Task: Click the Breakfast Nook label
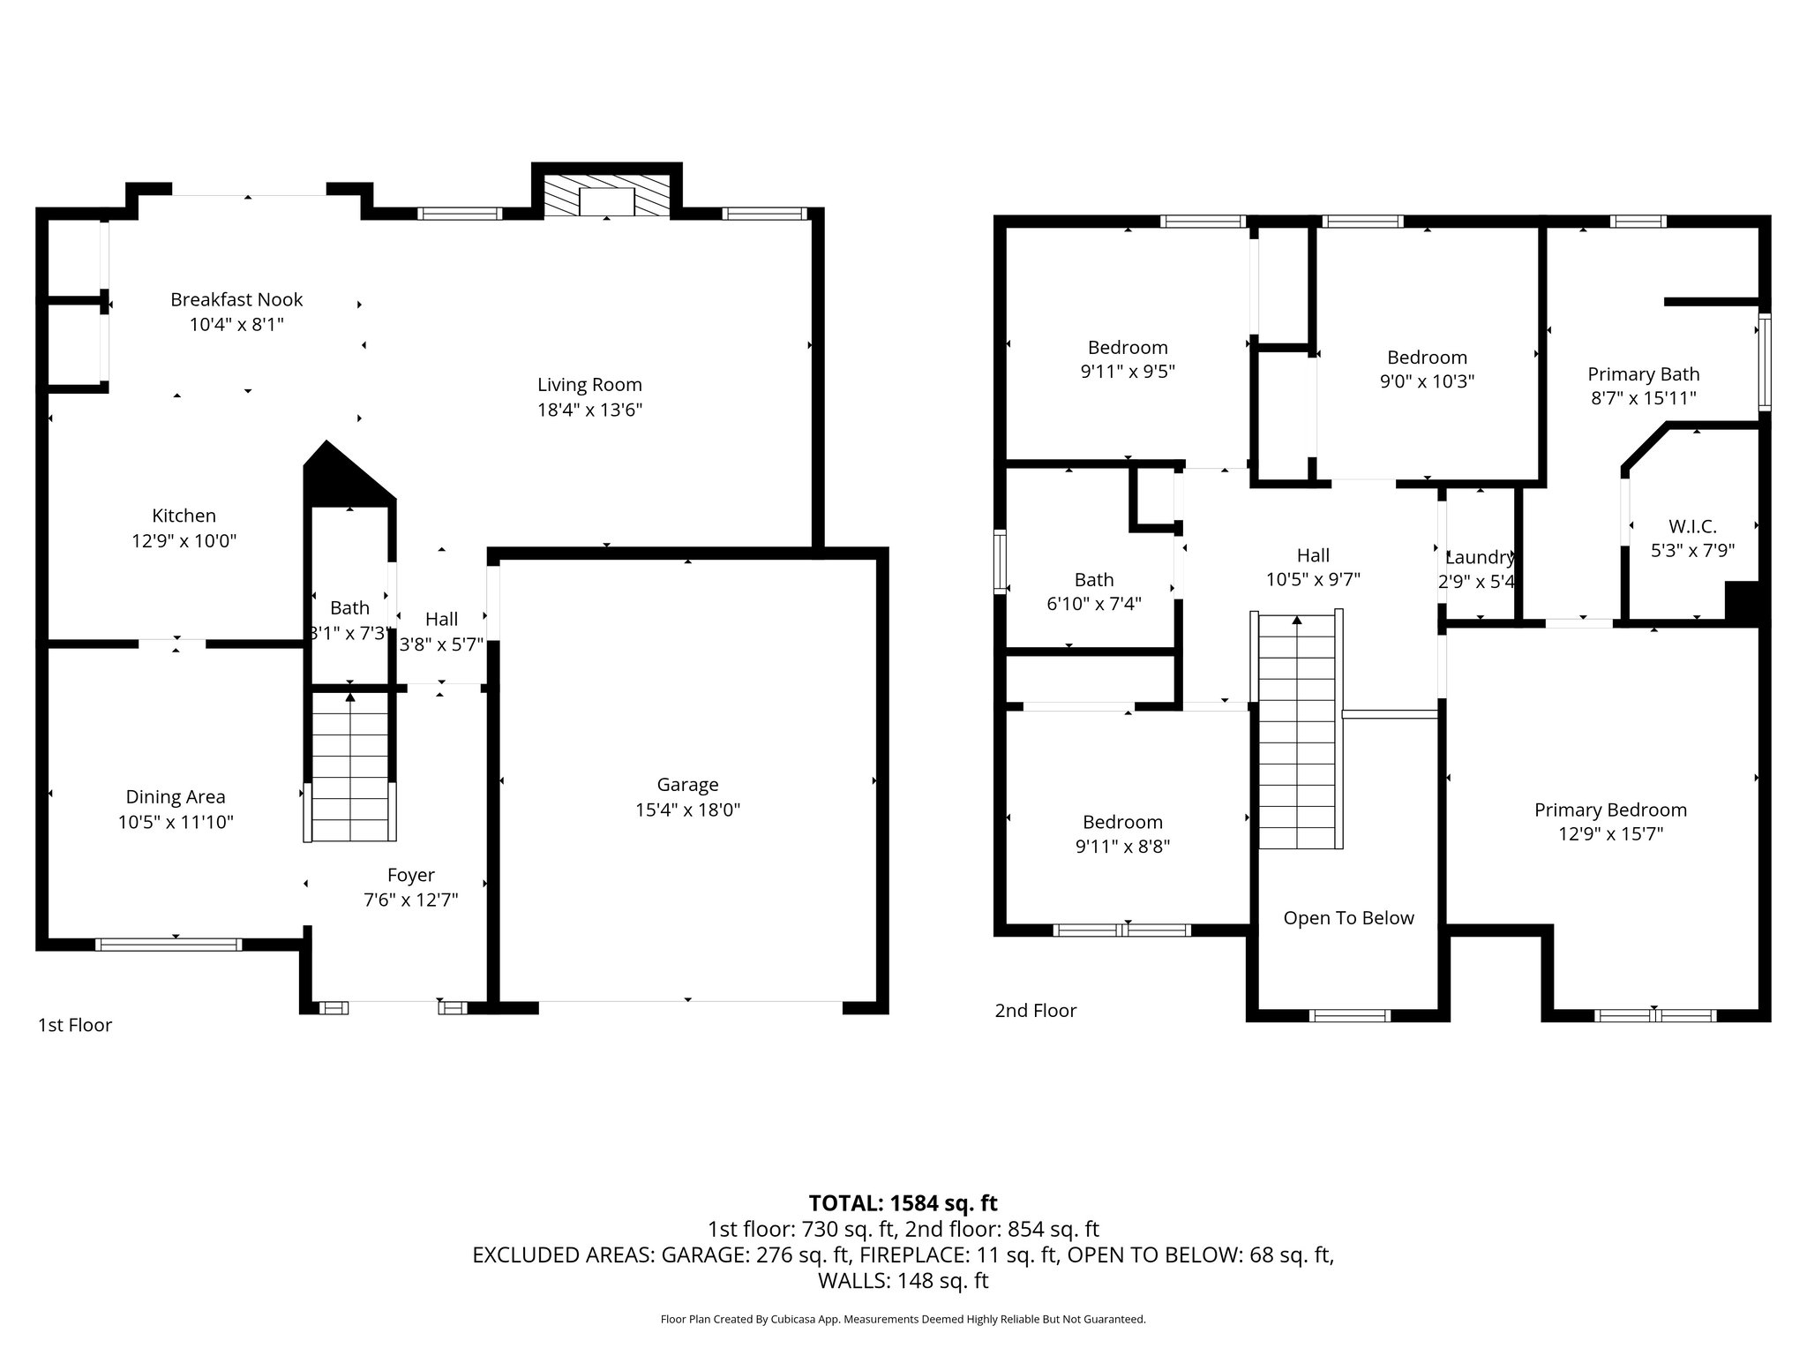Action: pyautogui.click(x=236, y=300)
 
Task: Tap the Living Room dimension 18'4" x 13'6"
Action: pyautogui.click(x=589, y=410)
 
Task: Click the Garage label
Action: pyautogui.click(x=687, y=785)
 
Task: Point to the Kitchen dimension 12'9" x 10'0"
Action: pyautogui.click(x=184, y=540)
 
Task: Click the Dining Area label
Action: pyautogui.click(x=176, y=797)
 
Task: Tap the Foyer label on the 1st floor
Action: pyautogui.click(x=410, y=875)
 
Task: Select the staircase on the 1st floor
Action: pyautogui.click(x=350, y=766)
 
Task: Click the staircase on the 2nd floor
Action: pyautogui.click(x=1296, y=733)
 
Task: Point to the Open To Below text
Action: pyautogui.click(x=1348, y=918)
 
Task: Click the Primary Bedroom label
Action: pyautogui.click(x=1610, y=810)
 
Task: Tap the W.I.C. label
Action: pyautogui.click(x=1692, y=527)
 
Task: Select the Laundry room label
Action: pyautogui.click(x=1480, y=557)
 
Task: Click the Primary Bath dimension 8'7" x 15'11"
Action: pyautogui.click(x=1643, y=398)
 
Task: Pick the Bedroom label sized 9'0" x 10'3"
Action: pyautogui.click(x=1427, y=358)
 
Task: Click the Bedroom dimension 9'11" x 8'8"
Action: pyautogui.click(x=1122, y=847)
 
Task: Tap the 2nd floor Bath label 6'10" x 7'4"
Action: pyautogui.click(x=1093, y=580)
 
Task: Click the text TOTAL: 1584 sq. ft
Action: pyautogui.click(x=903, y=1203)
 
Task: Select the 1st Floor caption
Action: pyautogui.click(x=75, y=1025)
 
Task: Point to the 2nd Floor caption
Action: pyautogui.click(x=1036, y=1011)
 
